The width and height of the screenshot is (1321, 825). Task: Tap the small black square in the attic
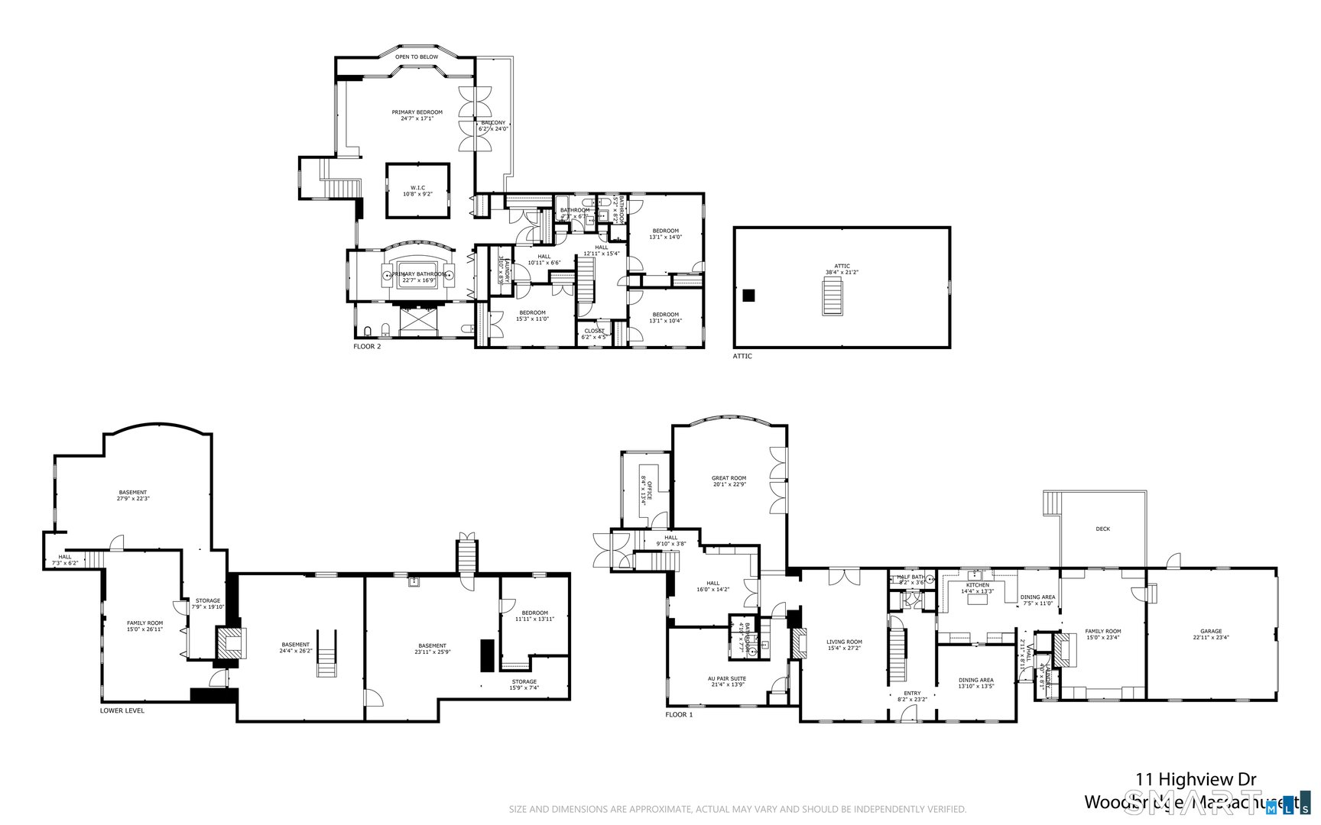749,295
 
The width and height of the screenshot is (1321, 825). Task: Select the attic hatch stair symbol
832,296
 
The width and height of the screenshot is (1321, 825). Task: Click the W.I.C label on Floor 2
417,190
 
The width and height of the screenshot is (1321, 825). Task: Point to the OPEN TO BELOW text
417,57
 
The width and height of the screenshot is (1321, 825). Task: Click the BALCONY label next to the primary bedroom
493,125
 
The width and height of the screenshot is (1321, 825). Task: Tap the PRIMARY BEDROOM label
417,115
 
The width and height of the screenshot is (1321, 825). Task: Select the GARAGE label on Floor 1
1211,634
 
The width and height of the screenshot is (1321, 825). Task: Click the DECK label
1102,529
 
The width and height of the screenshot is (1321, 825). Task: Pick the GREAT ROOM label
729,480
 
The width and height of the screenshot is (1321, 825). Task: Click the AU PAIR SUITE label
727,681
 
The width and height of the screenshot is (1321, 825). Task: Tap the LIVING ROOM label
844,645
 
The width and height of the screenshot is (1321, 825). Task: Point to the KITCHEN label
977,587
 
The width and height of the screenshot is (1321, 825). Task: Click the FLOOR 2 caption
367,347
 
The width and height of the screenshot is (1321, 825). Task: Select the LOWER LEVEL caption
122,710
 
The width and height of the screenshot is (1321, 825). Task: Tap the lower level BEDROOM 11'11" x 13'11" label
534,615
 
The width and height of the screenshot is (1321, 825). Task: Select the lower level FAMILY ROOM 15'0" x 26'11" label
144,626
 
